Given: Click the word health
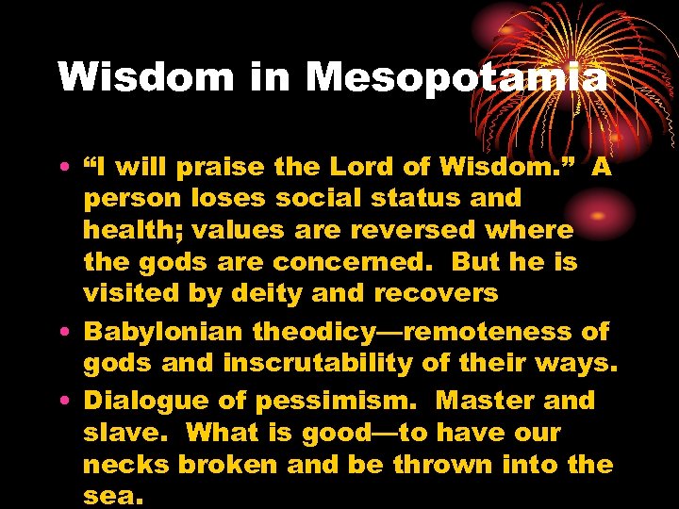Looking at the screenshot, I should click(x=125, y=231).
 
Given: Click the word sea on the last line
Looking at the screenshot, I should click(x=112, y=497).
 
